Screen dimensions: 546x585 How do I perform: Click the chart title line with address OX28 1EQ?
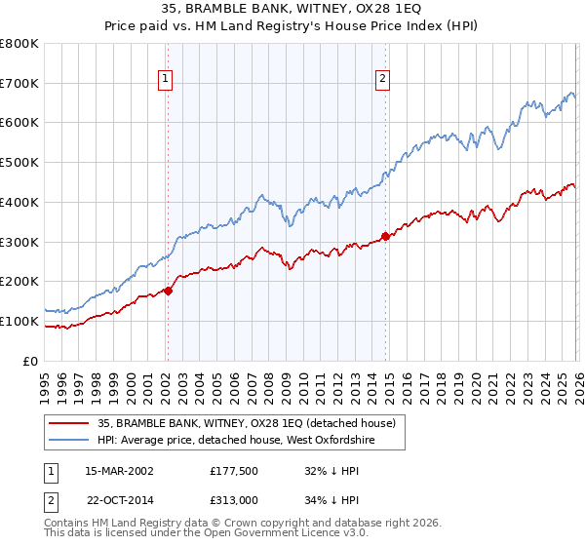[x=292, y=9]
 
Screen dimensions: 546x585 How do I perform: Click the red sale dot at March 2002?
[x=168, y=290]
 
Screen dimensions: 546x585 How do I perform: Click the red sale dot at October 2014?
[x=385, y=235]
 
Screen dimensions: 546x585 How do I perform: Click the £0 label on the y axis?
[x=31, y=361]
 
